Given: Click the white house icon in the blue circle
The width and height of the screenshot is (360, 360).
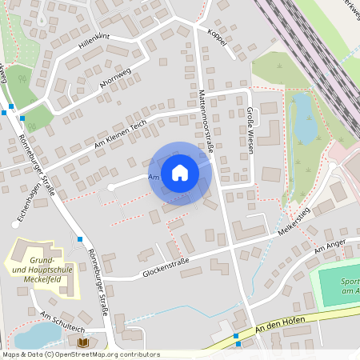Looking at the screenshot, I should [x=180, y=172].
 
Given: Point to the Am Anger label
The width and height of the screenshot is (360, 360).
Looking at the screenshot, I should [x=328, y=250].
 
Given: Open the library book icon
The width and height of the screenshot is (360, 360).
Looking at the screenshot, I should [x=82, y=343].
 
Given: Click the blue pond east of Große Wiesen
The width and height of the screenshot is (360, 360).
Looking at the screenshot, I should [x=304, y=118].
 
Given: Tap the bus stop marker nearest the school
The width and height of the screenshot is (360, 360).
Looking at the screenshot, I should [x=80, y=238].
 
